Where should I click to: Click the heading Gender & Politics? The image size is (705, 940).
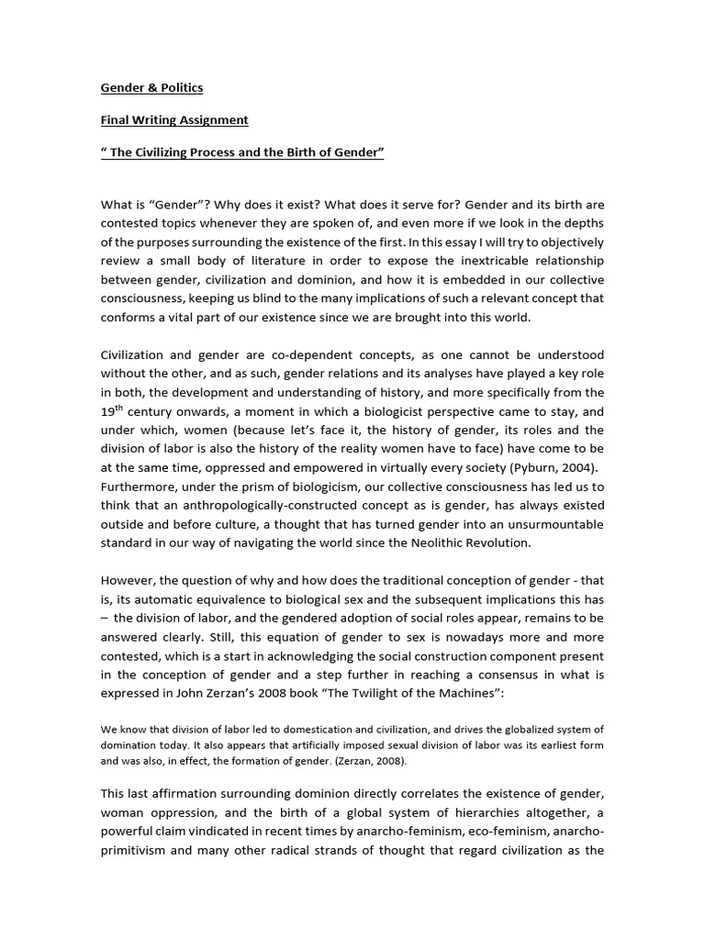pos(151,88)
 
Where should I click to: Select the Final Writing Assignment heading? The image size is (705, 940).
pos(174,120)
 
